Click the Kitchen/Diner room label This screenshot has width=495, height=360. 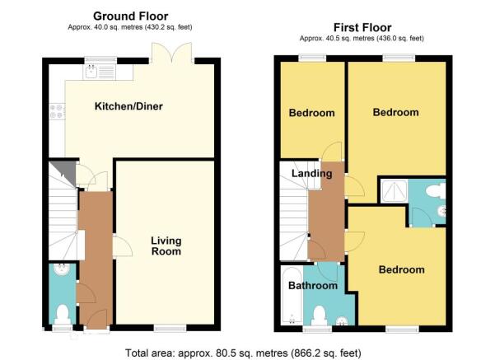click(x=128, y=106)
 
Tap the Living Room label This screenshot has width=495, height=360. click(x=166, y=246)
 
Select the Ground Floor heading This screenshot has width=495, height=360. click(x=130, y=16)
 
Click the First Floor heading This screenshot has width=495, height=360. click(x=362, y=27)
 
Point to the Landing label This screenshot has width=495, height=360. click(x=311, y=173)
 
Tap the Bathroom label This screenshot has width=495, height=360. click(x=313, y=286)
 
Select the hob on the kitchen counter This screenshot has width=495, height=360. click(x=57, y=111)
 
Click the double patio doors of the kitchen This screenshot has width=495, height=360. click(x=172, y=52)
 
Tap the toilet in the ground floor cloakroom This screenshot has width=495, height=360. click(x=63, y=314)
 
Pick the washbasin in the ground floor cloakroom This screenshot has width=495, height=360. click(x=62, y=269)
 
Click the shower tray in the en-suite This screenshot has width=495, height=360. click(x=394, y=191)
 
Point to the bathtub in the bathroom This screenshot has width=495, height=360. click(x=292, y=296)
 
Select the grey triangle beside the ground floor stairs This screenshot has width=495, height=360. click(x=66, y=171)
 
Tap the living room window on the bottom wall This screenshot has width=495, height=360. click(x=170, y=329)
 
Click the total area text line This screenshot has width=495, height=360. click(x=243, y=353)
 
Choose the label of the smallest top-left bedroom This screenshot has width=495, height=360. click(x=311, y=113)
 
